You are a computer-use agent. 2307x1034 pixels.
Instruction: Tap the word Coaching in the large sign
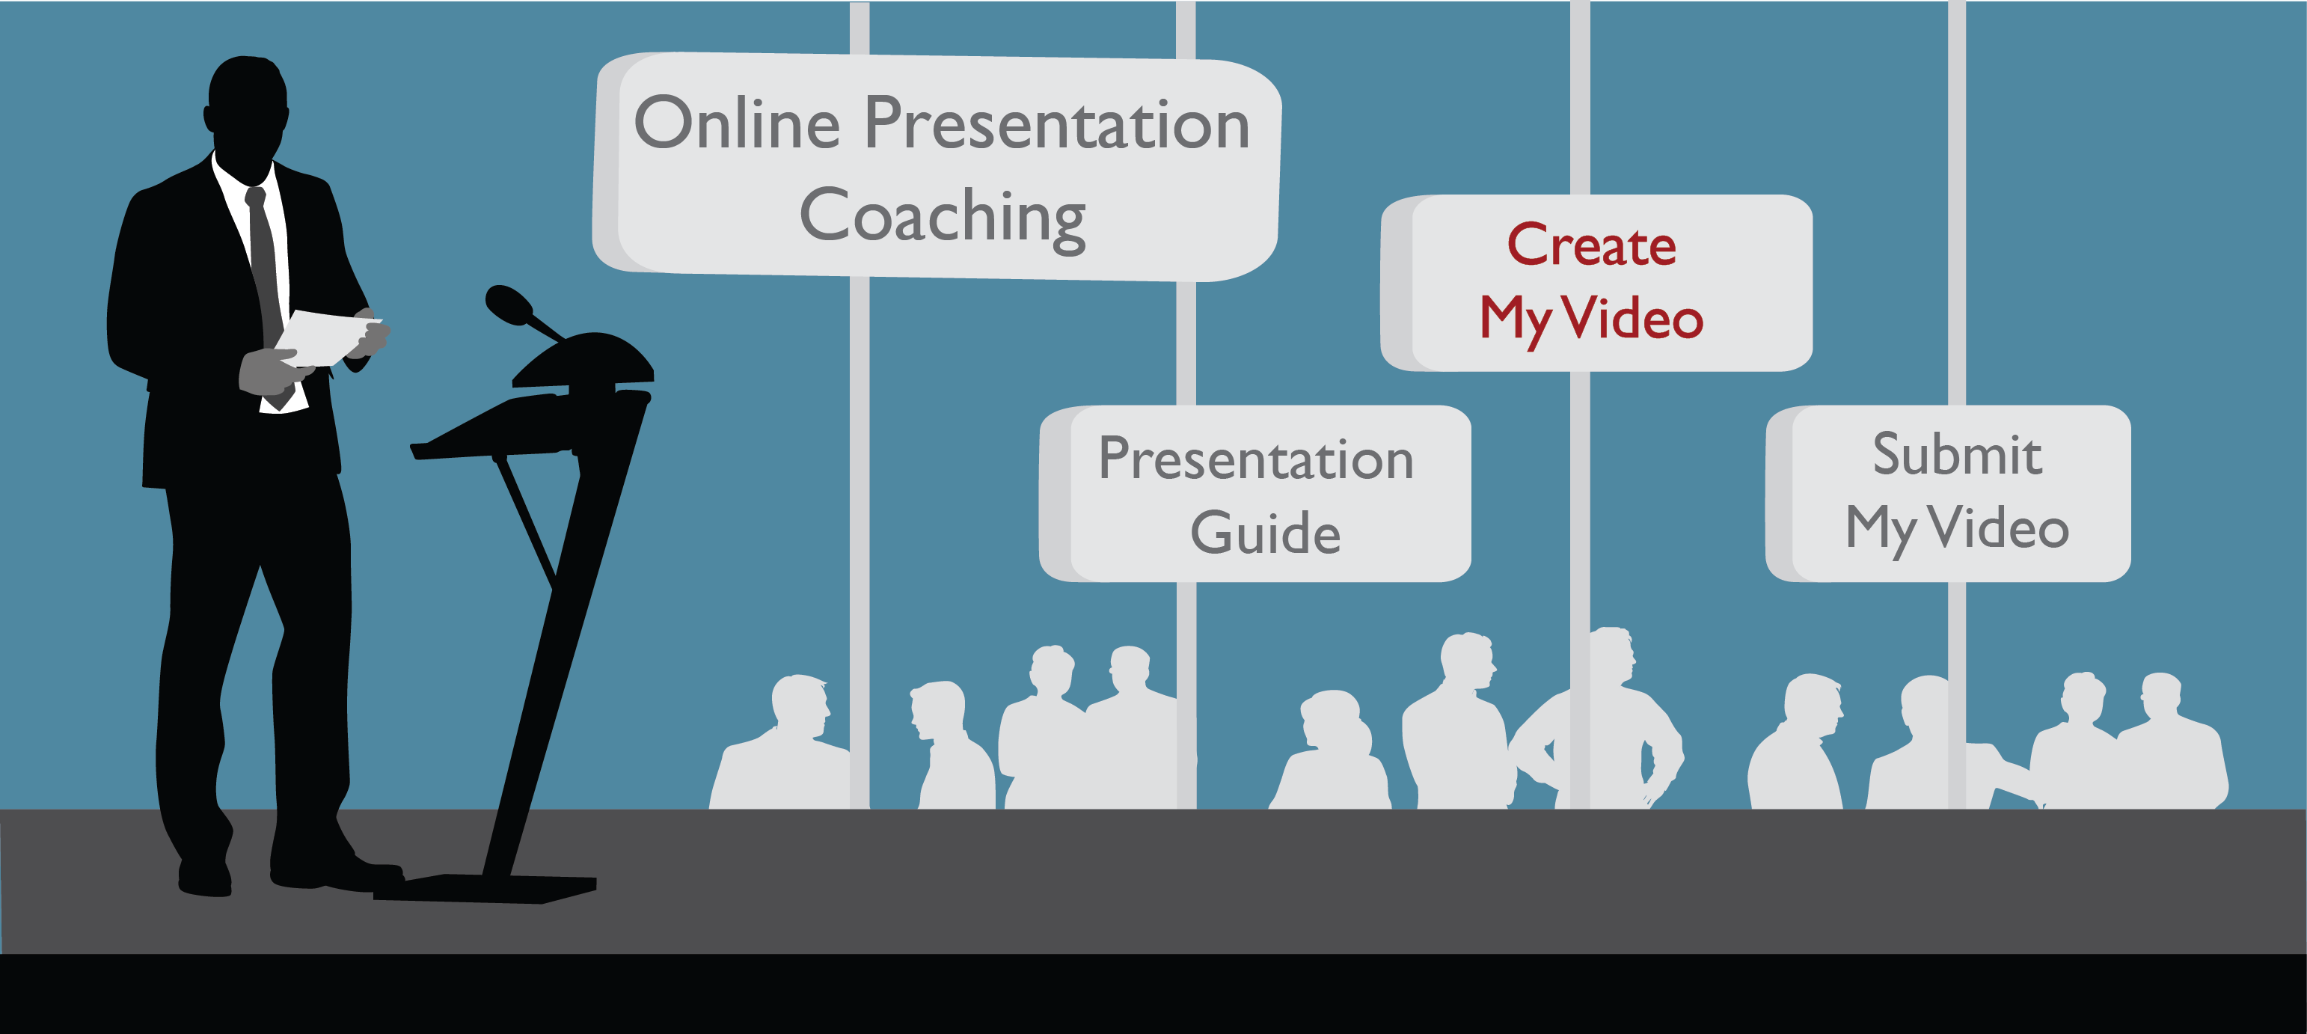(x=942, y=218)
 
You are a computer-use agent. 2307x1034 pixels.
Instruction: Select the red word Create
(x=1591, y=244)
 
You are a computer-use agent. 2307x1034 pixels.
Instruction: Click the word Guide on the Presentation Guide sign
(x=1266, y=532)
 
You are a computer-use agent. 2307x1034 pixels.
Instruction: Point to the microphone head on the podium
(x=508, y=303)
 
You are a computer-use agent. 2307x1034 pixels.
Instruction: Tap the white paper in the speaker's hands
(x=326, y=337)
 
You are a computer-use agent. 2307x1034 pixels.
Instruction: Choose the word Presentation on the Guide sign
(x=1255, y=459)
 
